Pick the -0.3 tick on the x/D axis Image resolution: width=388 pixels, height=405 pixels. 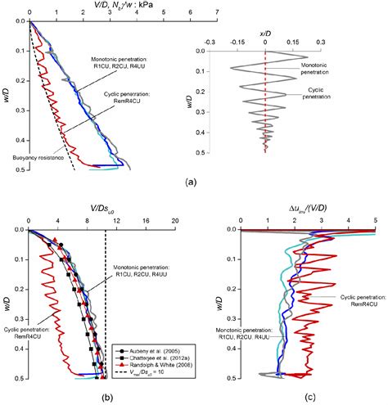pos(210,39)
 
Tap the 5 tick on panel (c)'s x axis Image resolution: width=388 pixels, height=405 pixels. pos(375,220)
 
